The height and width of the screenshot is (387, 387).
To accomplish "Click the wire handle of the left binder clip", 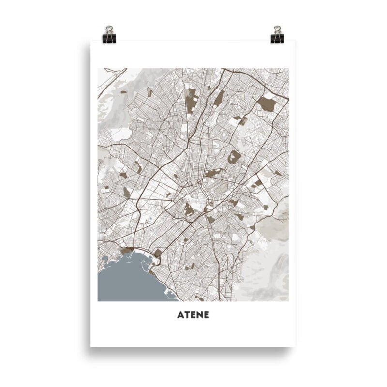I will click(109, 30).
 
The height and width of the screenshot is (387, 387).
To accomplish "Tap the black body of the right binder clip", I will click(278, 38).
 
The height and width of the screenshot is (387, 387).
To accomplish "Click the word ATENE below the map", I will click(193, 315).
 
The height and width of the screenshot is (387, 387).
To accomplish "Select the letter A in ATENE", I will click(180, 315).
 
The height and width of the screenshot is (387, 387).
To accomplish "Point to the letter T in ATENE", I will click(186, 315).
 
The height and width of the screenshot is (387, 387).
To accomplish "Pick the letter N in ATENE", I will click(199, 315).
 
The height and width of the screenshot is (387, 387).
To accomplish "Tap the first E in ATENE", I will click(193, 315).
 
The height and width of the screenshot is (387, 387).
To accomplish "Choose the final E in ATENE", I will click(206, 315).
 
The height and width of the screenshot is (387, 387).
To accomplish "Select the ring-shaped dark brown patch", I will click(235, 156).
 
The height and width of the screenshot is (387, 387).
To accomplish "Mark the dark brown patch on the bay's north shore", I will click(128, 251).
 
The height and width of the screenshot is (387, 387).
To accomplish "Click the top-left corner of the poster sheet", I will click(91, 41).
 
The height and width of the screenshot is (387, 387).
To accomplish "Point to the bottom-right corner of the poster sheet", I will click(295, 346).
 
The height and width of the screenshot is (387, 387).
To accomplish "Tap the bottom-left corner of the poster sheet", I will click(91, 346).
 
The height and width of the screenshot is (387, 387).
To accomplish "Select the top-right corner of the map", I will click(288, 68).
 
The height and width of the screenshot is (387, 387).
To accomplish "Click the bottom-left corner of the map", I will click(98, 301).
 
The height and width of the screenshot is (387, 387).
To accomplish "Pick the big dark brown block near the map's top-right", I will click(267, 103).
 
